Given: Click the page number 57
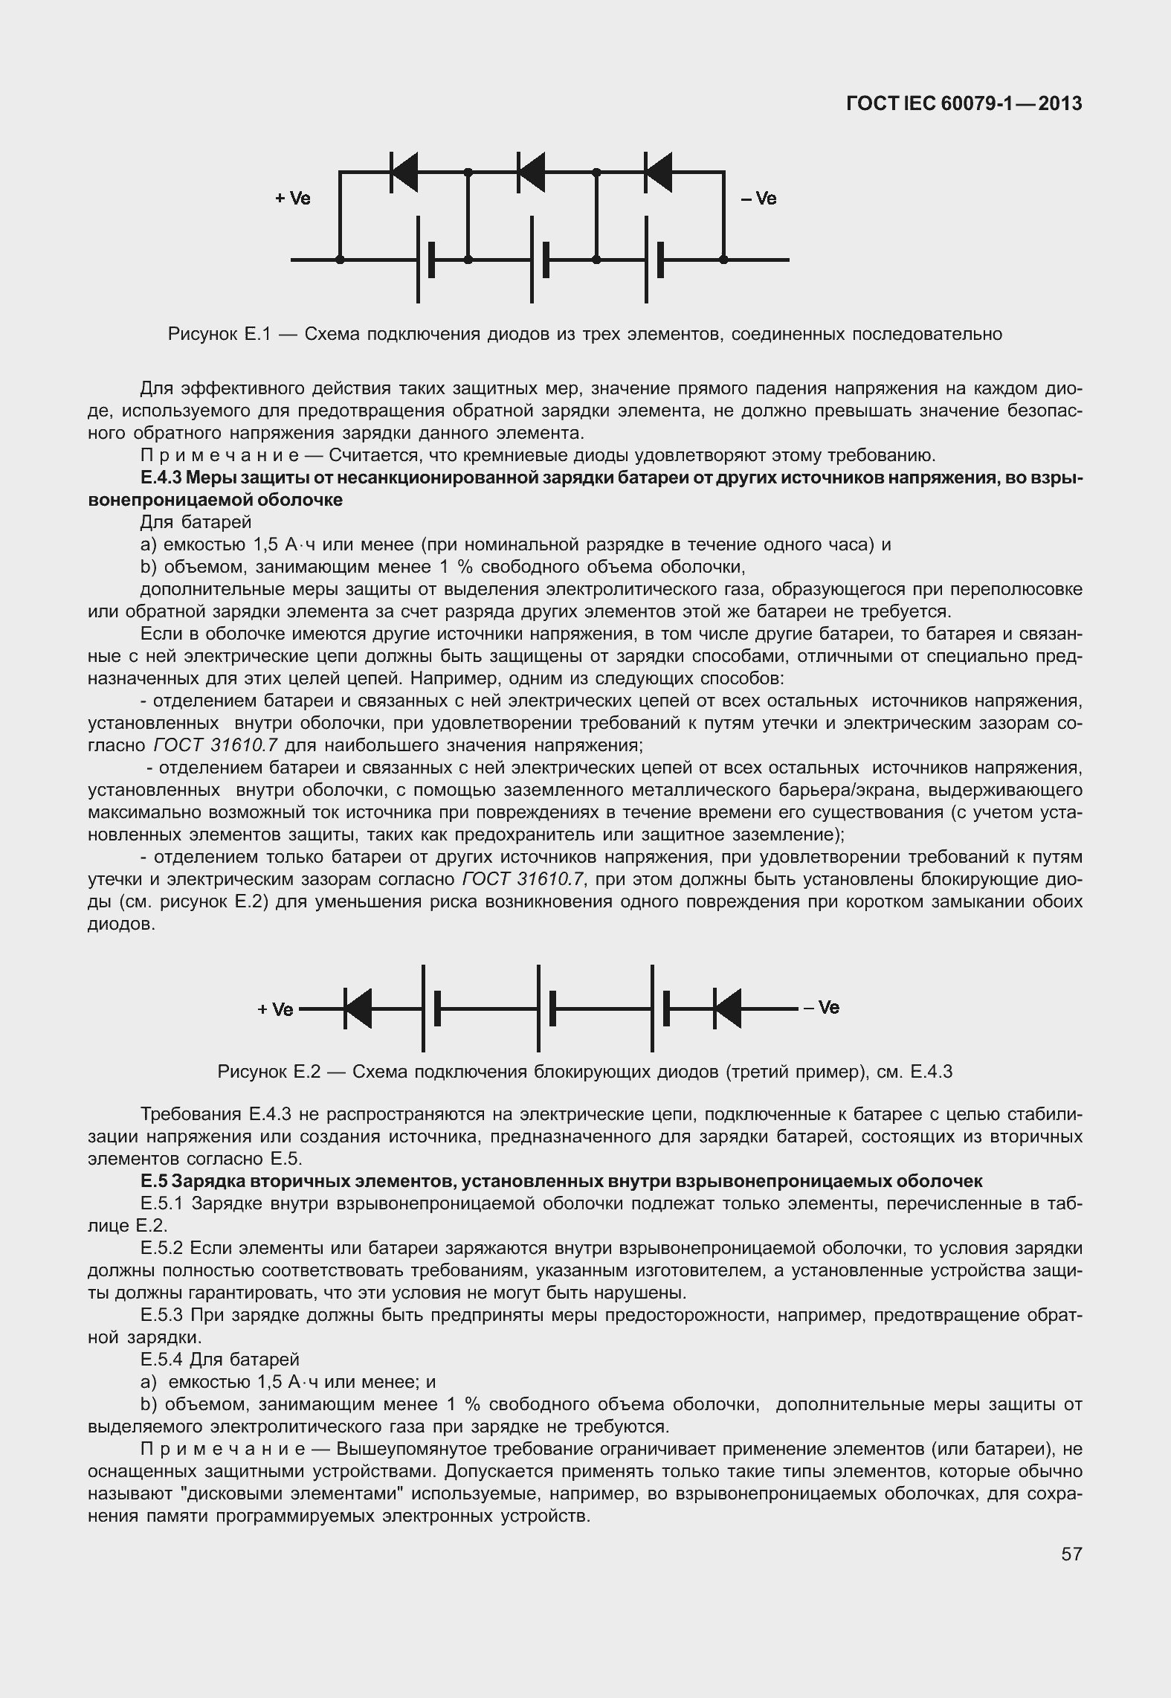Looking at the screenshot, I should pyautogui.click(x=1071, y=1554).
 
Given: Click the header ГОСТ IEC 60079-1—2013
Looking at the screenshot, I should pyautogui.click(x=964, y=104).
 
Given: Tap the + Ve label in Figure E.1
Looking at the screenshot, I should pyautogui.click(x=292, y=199).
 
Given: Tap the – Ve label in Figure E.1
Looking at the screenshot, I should pyautogui.click(x=758, y=199).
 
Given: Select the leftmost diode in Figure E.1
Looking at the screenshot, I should pyautogui.click(x=404, y=172).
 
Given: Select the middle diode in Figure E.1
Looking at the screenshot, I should pyautogui.click(x=531, y=172).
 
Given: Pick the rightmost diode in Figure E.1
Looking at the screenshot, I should pyautogui.click(x=658, y=172).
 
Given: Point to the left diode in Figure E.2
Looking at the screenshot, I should pyautogui.click(x=358, y=1009).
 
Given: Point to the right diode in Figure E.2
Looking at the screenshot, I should pyautogui.click(x=727, y=1009).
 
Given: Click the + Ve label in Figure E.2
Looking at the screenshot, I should pyautogui.click(x=275, y=1009).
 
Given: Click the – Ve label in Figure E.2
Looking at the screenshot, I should pyautogui.click(x=821, y=1007).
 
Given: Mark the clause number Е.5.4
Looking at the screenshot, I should pyautogui.click(x=162, y=1360).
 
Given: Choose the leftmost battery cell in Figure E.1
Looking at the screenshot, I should pyautogui.click(x=425, y=260).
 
